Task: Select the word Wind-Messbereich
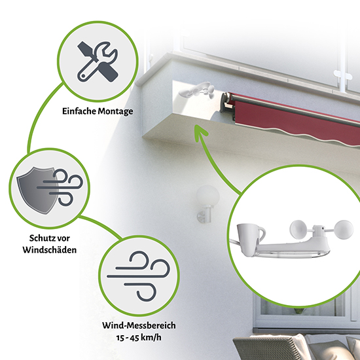point(138,325)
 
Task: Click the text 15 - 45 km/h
point(138,337)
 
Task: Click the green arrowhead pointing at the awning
point(199,133)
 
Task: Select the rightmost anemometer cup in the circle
point(341,229)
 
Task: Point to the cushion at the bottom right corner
point(327,347)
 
